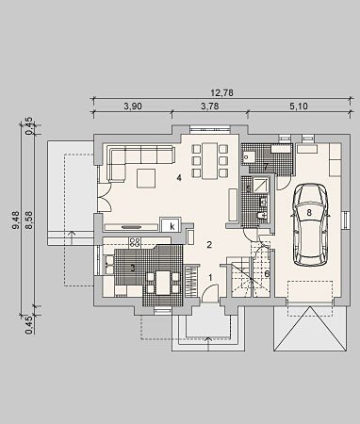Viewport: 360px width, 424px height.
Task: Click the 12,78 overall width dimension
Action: (x=221, y=93)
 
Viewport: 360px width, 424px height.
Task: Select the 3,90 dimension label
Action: (x=133, y=106)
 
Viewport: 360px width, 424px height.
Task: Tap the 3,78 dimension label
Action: (x=209, y=106)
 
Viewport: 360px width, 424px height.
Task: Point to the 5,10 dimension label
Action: (x=299, y=106)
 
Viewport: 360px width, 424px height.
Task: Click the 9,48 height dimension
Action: (x=16, y=220)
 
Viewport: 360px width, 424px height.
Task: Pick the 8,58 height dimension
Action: (x=29, y=220)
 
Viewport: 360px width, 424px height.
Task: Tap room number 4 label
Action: (x=179, y=178)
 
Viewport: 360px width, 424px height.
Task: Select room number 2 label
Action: (x=209, y=245)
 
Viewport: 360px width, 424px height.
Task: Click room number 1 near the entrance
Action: (x=211, y=277)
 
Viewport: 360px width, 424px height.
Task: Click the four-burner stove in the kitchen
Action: (x=135, y=242)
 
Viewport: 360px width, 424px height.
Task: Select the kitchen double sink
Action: (x=109, y=264)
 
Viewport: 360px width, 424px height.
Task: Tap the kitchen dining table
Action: (x=163, y=283)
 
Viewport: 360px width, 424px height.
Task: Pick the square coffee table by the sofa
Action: (x=146, y=178)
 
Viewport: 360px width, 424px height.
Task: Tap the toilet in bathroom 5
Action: (x=262, y=216)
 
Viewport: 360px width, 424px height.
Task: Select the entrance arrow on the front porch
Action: (x=208, y=343)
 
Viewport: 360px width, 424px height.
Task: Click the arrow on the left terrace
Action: (x=73, y=237)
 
